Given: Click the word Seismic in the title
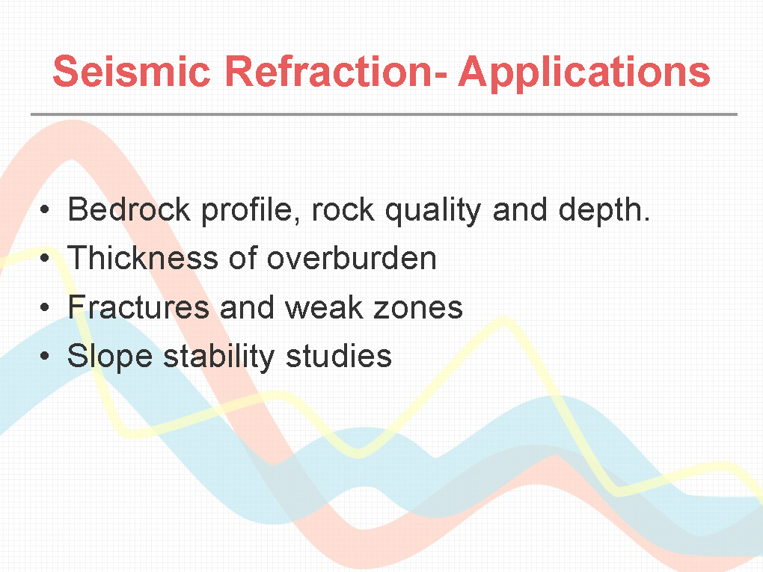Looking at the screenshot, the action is pos(132,71).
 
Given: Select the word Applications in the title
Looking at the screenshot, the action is pos(584,73).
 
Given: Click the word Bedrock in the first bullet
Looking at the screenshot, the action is pos(129,209).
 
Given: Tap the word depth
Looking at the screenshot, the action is pos(604,212).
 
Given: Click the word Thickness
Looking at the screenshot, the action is pos(143,258).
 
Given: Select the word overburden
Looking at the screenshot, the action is pos(352,258).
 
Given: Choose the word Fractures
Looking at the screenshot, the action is pos(138,307).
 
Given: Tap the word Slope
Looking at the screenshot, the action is pos(110,357).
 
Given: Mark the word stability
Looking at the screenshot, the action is pos(219,357).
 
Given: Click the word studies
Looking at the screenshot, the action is pos(339,356).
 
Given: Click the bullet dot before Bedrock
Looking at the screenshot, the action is pos(45,210).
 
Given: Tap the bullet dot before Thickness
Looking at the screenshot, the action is pos(45,258).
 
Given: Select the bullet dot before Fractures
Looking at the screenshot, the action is pos(45,307).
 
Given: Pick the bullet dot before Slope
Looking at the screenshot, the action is pos(45,356).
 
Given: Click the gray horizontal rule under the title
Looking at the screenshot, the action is pos(384,115).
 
